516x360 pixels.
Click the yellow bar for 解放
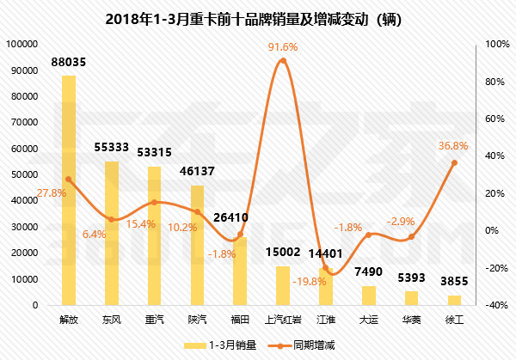[69, 190]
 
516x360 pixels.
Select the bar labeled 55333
[112, 233]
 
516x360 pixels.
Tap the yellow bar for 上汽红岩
[283, 285]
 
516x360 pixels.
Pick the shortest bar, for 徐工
[454, 300]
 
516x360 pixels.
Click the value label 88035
[70, 62]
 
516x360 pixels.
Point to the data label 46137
[198, 172]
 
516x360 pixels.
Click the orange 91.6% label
[283, 46]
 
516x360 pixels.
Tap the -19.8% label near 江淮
[309, 281]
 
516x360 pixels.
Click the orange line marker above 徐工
[454, 162]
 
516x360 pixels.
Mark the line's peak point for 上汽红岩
[283, 61]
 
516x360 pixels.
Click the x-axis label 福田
[240, 320]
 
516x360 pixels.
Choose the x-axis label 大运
[368, 320]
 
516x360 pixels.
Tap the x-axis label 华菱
[411, 320]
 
